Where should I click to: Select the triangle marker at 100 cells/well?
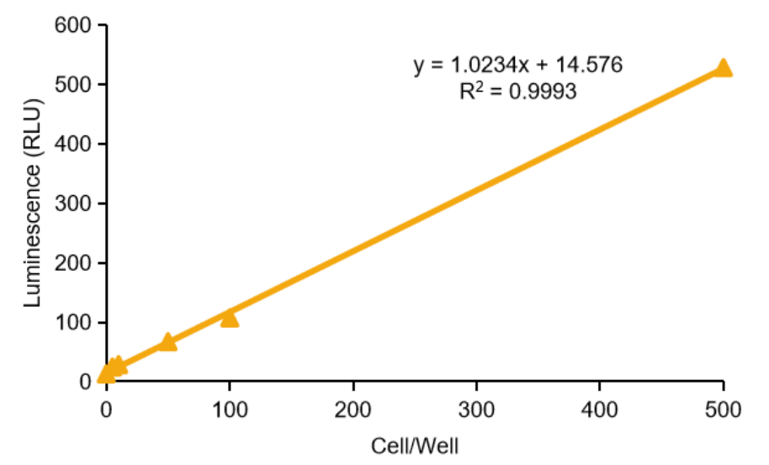(230, 318)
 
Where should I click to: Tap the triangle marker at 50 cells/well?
(167, 341)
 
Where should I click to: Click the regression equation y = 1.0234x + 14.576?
(517, 65)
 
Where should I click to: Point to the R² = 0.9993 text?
(517, 91)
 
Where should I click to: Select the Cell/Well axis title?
(415, 443)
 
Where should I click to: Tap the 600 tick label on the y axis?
(74, 25)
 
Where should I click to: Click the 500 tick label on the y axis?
(74, 85)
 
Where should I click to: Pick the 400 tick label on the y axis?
(74, 145)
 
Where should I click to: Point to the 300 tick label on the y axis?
(74, 204)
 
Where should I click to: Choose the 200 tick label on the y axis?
(74, 264)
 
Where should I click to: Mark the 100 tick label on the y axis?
(74, 323)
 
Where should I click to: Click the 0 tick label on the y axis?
(85, 383)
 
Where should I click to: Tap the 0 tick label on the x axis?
(107, 410)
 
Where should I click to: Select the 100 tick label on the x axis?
(230, 410)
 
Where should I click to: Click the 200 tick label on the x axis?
(353, 410)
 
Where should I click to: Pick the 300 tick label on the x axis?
(476, 410)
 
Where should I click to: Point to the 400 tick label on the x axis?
(600, 410)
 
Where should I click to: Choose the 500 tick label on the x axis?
(723, 410)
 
